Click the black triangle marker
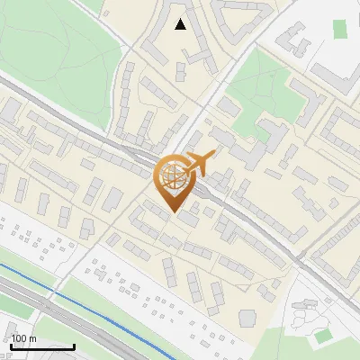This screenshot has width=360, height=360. (181, 24)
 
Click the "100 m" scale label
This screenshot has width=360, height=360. (24, 338)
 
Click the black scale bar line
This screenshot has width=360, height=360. (42, 346)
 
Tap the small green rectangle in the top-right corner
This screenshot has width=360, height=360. (339, 28)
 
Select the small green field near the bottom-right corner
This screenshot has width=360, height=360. (322, 337)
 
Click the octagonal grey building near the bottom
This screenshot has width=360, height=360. (247, 318)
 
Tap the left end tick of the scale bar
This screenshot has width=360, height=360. (11, 346)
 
